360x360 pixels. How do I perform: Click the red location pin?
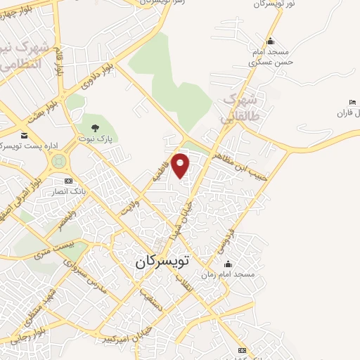click(181, 165)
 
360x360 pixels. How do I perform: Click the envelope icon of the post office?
click(25, 134)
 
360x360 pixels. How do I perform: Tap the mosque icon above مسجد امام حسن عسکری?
click(270, 40)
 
